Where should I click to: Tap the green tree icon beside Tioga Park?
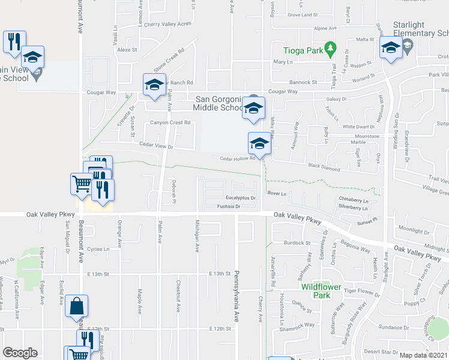pyautogui.click(x=329, y=47)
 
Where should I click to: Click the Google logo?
pyautogui.click(x=20, y=353)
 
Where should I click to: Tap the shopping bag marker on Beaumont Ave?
pyautogui.click(x=77, y=307)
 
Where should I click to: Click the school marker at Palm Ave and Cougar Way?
pyautogui.click(x=154, y=85)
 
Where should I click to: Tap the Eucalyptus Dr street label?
pyautogui.click(x=241, y=197)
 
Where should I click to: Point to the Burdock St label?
pyautogui.click(x=297, y=243)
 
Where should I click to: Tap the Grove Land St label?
pyautogui.click(x=302, y=14)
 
